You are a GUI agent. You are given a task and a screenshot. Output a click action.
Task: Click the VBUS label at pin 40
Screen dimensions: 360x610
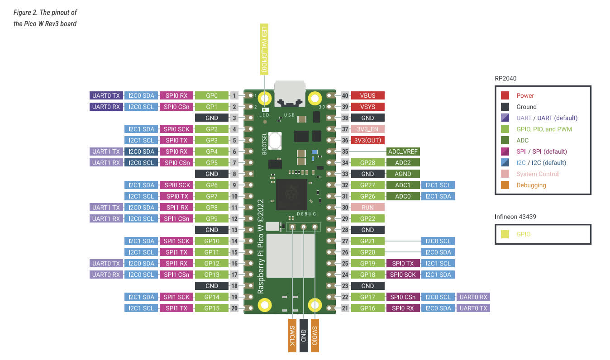point(367,95)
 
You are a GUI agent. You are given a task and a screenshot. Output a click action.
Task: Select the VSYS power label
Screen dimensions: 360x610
point(367,107)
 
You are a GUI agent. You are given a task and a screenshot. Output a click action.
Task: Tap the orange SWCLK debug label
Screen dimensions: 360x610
point(292,335)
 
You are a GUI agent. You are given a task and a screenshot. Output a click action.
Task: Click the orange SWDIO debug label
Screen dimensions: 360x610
point(315,335)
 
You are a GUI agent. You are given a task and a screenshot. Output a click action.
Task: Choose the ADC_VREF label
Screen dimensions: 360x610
point(403,152)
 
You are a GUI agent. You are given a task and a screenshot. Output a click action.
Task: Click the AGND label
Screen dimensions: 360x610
point(403,174)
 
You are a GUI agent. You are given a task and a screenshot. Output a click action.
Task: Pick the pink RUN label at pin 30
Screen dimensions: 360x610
point(367,207)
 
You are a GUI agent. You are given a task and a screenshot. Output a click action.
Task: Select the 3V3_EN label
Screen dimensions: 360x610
point(367,129)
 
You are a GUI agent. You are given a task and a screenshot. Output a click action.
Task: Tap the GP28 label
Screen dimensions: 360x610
point(367,162)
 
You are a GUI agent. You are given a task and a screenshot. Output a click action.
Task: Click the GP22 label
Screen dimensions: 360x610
point(367,218)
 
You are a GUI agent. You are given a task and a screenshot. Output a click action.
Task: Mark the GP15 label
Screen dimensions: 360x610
point(212,308)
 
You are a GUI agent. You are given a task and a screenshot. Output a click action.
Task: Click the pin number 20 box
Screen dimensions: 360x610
point(234,308)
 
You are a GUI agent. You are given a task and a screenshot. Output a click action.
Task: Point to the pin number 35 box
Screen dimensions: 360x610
point(346,152)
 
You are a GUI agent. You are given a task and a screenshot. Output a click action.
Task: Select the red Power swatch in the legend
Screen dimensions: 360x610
point(505,95)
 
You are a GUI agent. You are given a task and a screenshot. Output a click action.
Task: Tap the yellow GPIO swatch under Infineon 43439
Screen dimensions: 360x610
point(505,234)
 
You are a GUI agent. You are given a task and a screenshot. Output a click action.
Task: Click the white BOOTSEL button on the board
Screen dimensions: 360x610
point(275,140)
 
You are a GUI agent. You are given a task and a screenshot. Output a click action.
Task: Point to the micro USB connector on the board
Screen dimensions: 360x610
point(290,94)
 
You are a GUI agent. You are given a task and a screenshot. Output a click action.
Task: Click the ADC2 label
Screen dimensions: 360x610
point(403,162)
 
